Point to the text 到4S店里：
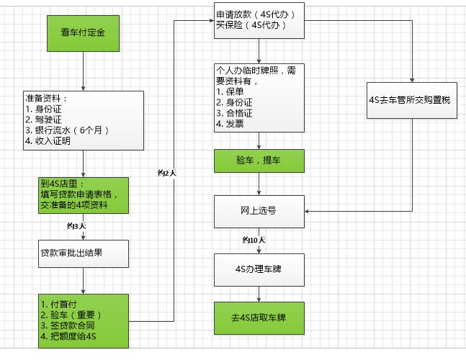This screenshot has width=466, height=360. [x=63, y=183]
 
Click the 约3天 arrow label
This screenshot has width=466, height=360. [x=76, y=226]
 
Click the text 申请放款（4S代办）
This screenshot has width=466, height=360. [x=255, y=14]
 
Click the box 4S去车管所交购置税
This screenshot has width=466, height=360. [x=413, y=100]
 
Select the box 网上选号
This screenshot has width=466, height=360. [x=259, y=212]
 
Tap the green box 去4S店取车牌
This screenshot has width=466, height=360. [x=259, y=316]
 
